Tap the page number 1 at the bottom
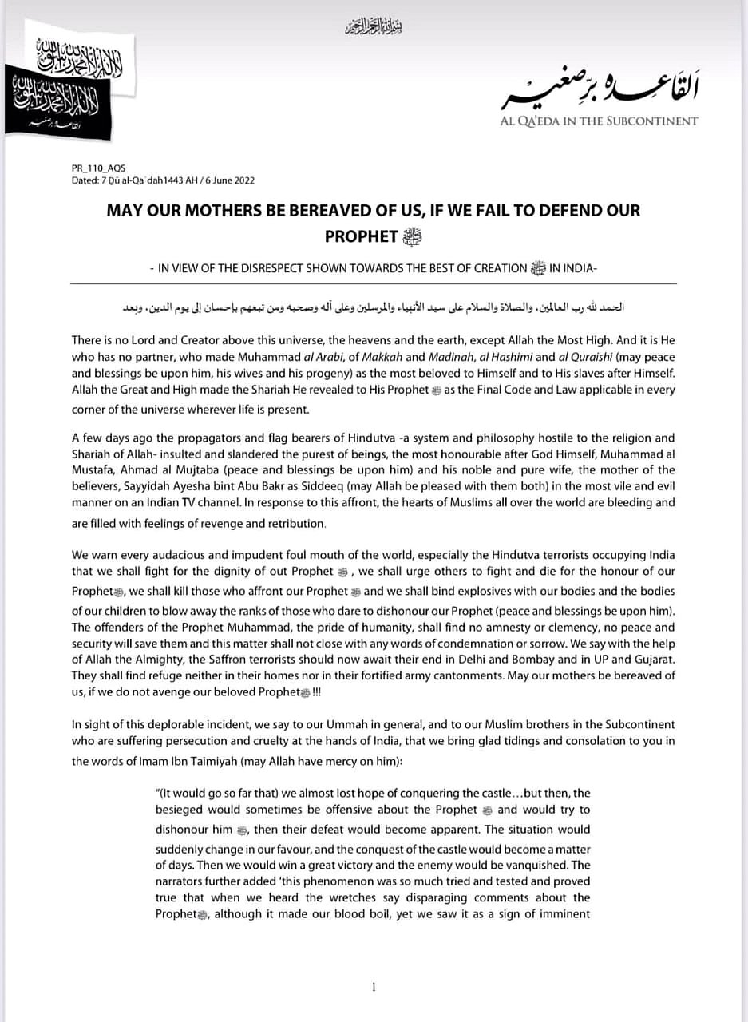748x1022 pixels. point(374,988)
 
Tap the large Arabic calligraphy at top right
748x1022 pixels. point(599,93)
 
